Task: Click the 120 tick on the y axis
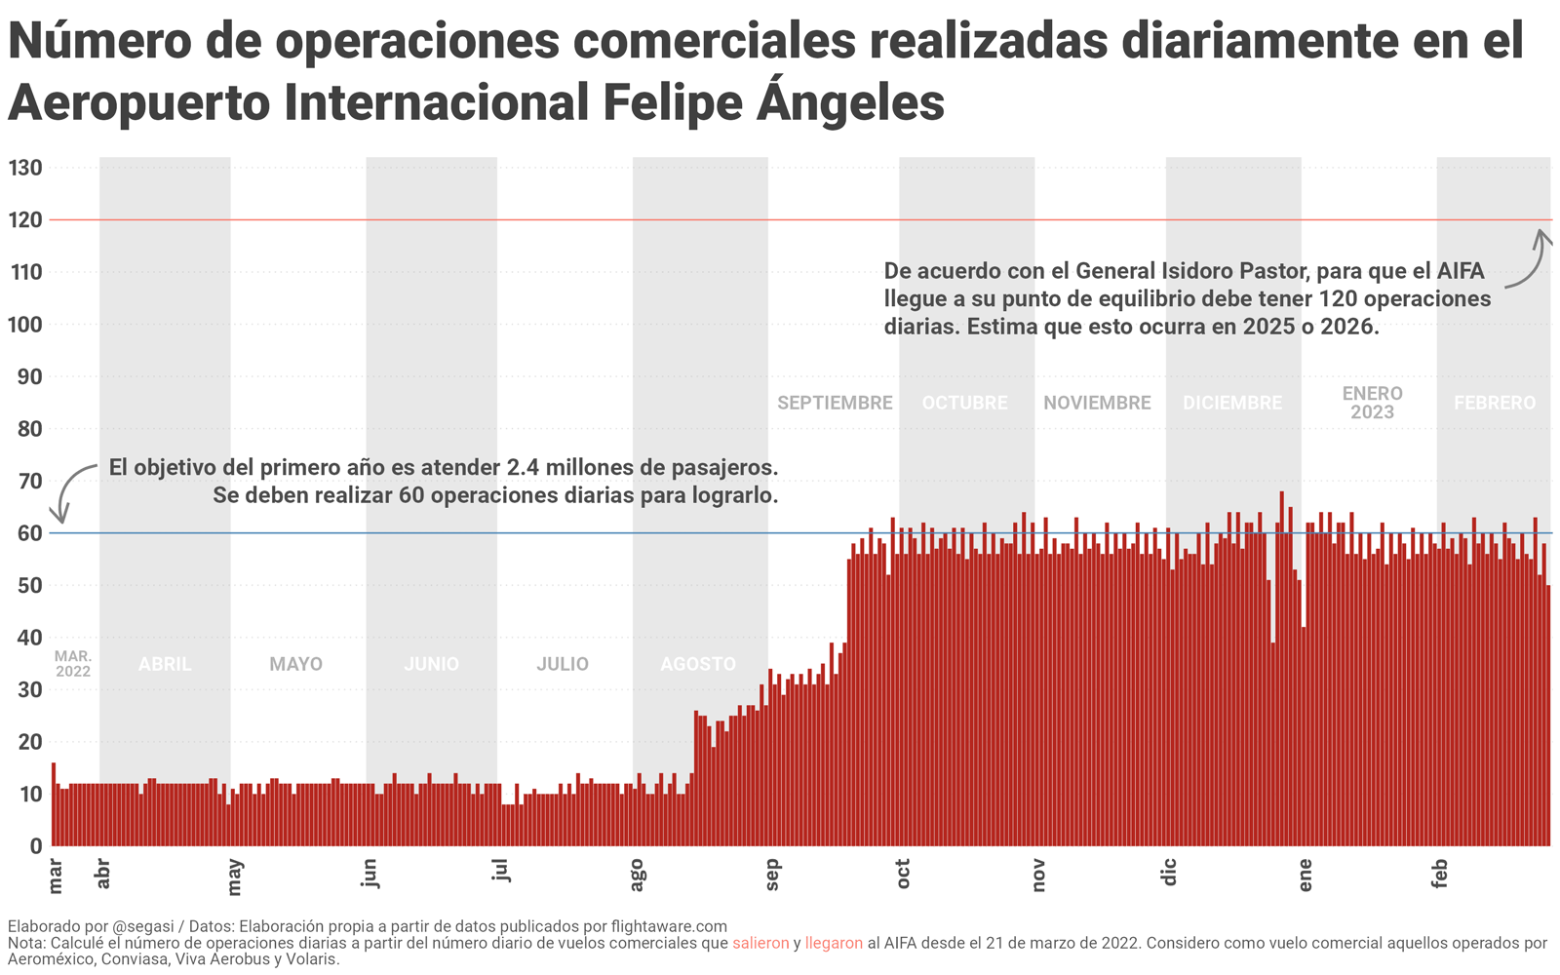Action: click(x=25, y=220)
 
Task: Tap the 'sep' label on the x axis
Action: click(x=773, y=875)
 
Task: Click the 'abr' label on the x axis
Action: click(x=103, y=874)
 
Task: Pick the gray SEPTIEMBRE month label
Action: click(x=835, y=403)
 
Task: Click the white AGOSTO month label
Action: click(x=698, y=664)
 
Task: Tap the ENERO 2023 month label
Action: click(x=1372, y=403)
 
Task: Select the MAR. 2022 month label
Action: click(x=73, y=664)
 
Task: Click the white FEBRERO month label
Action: click(x=1495, y=403)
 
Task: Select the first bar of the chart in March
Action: click(x=54, y=804)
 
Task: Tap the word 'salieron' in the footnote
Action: click(x=760, y=944)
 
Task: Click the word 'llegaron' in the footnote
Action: click(x=834, y=944)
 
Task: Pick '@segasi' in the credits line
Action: click(x=141, y=926)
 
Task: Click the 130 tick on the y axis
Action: click(x=25, y=168)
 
